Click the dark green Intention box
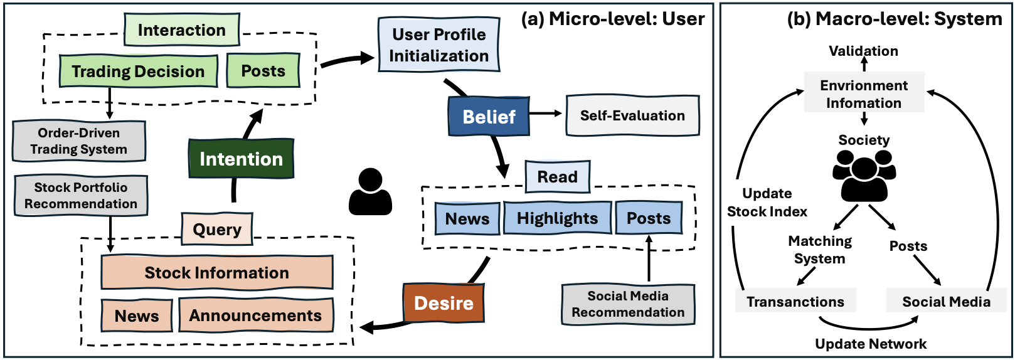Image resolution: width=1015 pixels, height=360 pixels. click(x=241, y=159)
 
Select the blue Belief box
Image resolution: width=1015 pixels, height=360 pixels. click(x=489, y=117)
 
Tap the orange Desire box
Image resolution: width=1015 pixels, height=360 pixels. click(x=444, y=303)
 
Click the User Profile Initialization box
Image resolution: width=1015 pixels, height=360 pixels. click(x=438, y=45)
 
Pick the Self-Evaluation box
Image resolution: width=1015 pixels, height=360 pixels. click(x=632, y=115)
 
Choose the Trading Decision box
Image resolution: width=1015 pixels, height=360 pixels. click(x=138, y=71)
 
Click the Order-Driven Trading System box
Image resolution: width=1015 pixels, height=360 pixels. click(x=79, y=141)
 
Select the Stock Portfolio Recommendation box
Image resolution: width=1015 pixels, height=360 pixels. click(x=81, y=196)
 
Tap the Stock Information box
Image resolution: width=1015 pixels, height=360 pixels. click(x=217, y=273)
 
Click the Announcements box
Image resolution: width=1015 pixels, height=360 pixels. click(x=256, y=315)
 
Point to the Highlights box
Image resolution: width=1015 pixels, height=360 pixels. click(x=557, y=218)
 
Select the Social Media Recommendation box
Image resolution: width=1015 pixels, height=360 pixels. click(x=628, y=304)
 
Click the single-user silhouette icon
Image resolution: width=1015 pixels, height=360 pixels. click(x=370, y=192)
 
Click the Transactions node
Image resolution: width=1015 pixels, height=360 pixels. click(x=795, y=302)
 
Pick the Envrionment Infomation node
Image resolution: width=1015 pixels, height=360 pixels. click(x=864, y=94)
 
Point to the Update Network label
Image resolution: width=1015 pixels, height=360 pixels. click(x=871, y=344)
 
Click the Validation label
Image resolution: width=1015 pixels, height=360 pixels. click(x=864, y=51)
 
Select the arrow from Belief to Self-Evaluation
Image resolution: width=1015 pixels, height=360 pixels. click(x=546, y=114)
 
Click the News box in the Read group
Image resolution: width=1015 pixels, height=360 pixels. click(x=467, y=219)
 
